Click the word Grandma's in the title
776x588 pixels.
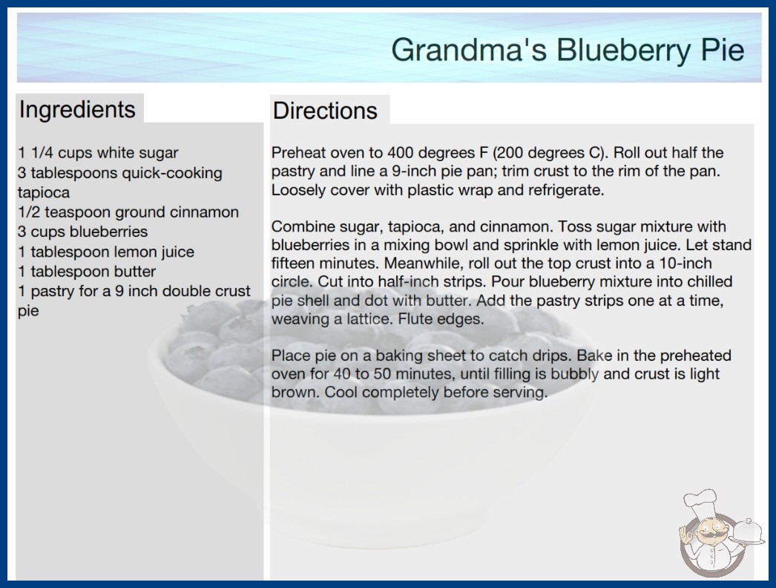469,50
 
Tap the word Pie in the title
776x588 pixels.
723,50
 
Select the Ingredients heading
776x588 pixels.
77,110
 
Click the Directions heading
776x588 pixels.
325,111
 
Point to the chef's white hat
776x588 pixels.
701,501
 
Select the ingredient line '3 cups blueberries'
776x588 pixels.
82,232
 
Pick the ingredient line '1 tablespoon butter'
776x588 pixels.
87,272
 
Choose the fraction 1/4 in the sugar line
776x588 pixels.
42,153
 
